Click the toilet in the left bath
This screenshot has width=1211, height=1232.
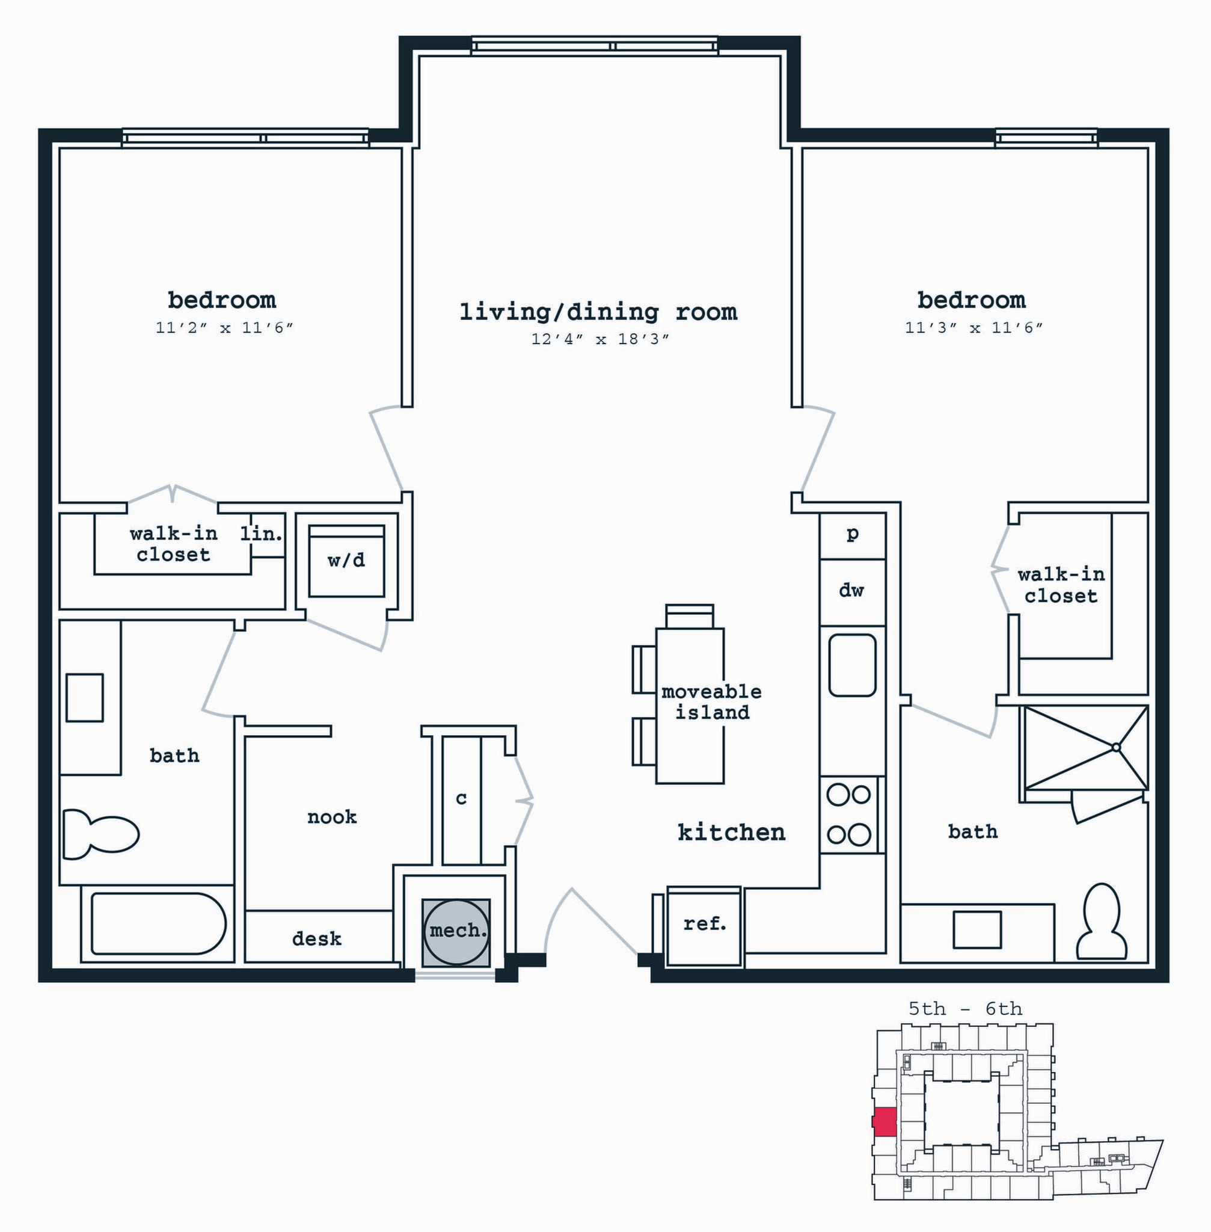(100, 834)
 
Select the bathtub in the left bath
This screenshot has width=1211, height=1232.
(158, 923)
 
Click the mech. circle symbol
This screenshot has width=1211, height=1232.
(456, 931)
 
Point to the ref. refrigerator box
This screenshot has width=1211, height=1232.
(704, 926)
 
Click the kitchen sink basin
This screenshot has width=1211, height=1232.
(852, 665)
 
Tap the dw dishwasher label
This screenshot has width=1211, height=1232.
(851, 591)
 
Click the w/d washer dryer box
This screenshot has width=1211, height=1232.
(346, 561)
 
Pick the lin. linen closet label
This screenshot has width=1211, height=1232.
(262, 533)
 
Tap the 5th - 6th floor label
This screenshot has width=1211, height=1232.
(965, 1009)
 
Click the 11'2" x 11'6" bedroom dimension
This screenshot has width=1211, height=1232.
(224, 328)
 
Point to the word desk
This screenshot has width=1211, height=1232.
(317, 938)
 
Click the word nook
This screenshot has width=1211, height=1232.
(332, 817)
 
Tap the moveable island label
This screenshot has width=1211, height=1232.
(712, 701)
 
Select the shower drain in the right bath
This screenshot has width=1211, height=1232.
(1115, 748)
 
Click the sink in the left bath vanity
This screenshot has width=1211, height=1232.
(85, 697)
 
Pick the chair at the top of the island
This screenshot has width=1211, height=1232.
(690, 617)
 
